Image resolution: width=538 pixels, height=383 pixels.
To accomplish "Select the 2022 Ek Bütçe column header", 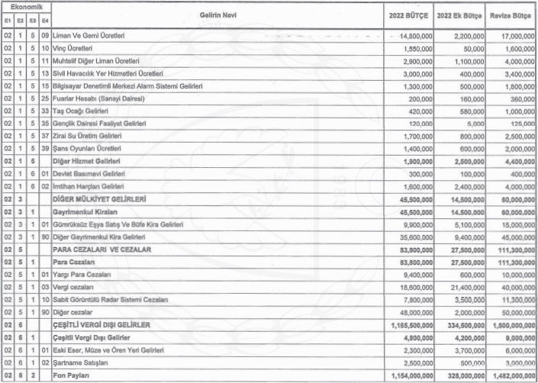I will pyautogui.click(x=460, y=14).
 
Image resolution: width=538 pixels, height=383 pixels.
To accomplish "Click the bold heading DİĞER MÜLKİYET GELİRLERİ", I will pyautogui.click(x=98, y=198).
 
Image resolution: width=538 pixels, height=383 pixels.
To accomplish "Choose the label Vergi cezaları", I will pyautogui.click(x=74, y=287).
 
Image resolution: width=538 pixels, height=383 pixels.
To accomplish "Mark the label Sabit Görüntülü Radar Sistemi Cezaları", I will pyautogui.click(x=111, y=299).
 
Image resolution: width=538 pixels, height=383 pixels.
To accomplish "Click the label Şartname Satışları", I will pyautogui.click(x=79, y=362).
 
